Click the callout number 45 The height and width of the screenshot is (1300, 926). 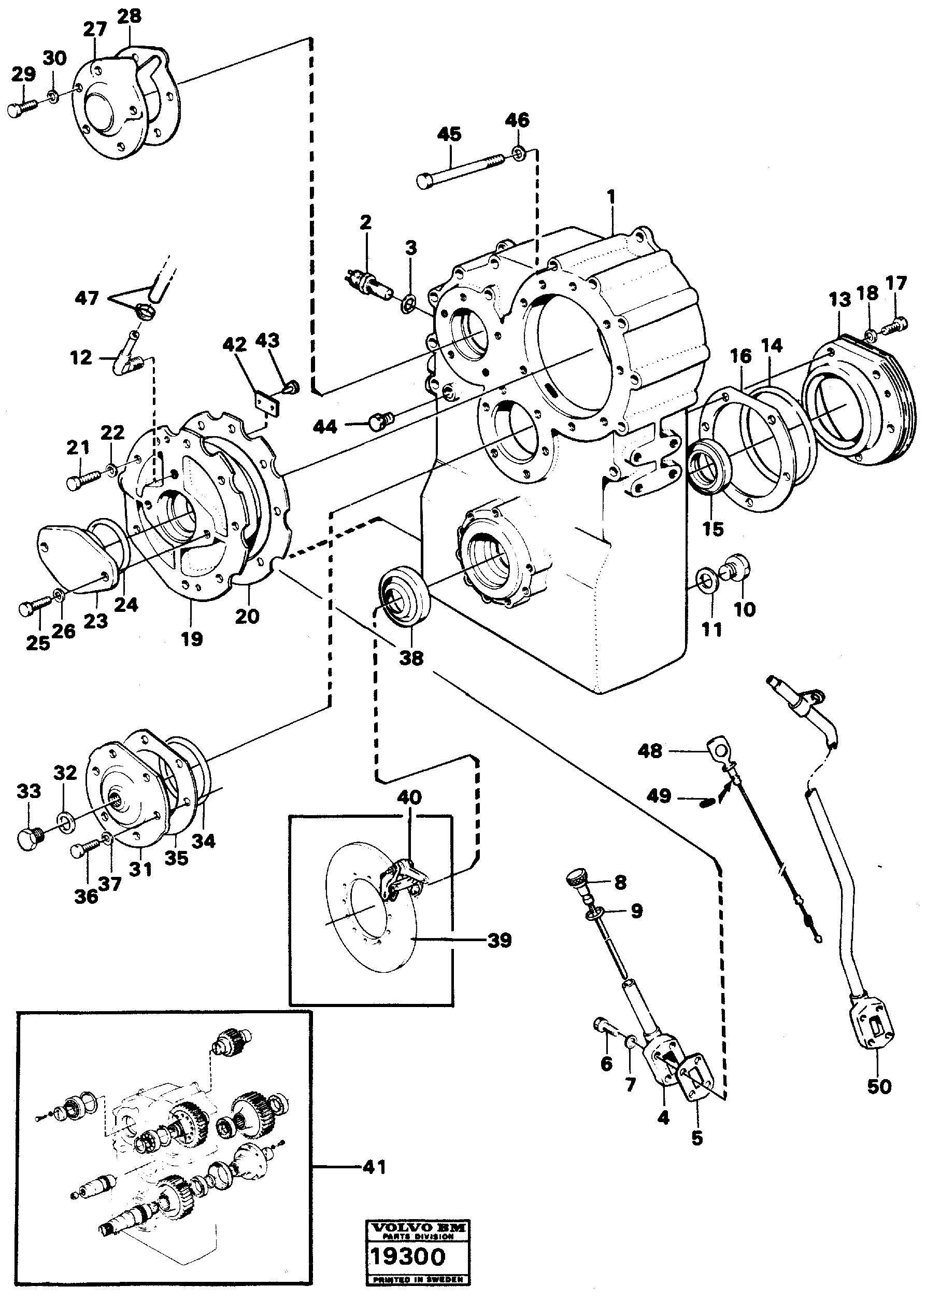pyautogui.click(x=449, y=135)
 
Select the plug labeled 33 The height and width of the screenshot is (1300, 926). pyautogui.click(x=29, y=838)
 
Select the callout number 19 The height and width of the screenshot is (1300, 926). pyautogui.click(x=192, y=638)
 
